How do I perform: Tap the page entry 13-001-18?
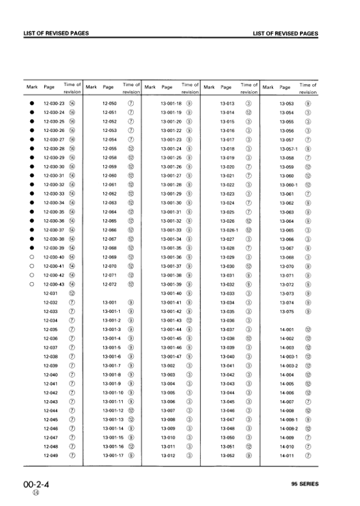click(171, 103)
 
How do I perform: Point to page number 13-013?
click(227, 103)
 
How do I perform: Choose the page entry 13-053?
click(286, 103)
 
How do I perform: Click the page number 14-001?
click(286, 330)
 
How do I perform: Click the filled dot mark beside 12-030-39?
click(31, 248)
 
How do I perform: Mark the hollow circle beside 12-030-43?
click(31, 284)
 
